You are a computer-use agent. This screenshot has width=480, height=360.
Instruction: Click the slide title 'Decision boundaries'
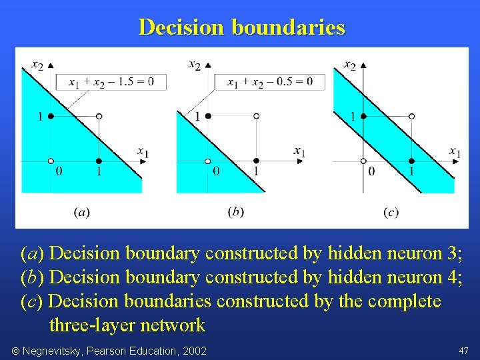pos(241,27)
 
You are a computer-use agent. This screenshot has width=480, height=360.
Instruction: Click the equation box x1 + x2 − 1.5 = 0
pos(112,82)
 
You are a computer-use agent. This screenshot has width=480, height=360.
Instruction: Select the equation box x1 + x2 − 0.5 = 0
pos(269,82)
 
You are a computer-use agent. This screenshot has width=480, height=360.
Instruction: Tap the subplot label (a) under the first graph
pos(81,212)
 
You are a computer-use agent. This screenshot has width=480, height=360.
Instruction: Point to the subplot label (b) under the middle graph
pos(235,211)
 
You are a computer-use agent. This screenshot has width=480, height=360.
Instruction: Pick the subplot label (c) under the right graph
pos(391,212)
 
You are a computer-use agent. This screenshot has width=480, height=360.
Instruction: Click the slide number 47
pos(463,351)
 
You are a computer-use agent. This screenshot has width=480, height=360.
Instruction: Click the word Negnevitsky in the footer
pos(55,351)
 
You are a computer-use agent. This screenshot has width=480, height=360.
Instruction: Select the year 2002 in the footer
pos(194,351)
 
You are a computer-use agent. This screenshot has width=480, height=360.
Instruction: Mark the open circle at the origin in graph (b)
pos(207,161)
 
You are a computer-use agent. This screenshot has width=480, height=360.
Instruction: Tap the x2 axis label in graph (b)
pos(194,65)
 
